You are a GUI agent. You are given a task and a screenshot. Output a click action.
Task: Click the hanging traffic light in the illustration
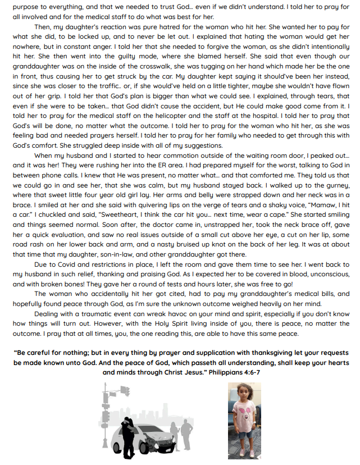pos(125,391)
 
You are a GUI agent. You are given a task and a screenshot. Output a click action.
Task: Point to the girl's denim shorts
pos(244,435)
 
